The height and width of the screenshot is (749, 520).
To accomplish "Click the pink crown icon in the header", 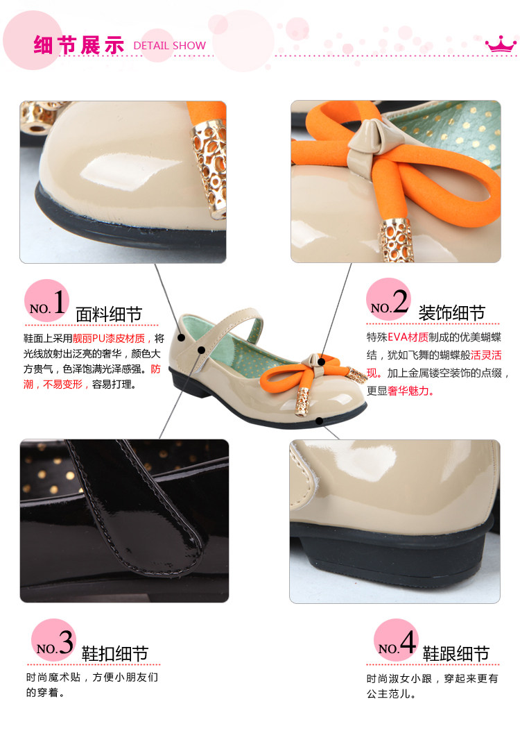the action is click(x=501, y=44).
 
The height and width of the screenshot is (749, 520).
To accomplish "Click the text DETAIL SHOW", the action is click(x=169, y=46).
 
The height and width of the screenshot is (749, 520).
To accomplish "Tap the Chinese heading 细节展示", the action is click(x=79, y=45).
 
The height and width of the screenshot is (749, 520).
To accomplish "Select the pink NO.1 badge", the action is click(x=46, y=301).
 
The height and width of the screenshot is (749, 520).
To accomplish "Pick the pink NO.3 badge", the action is click(x=53, y=641).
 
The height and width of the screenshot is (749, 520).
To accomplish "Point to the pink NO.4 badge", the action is click(x=396, y=641).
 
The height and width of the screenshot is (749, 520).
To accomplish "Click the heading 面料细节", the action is click(x=109, y=314).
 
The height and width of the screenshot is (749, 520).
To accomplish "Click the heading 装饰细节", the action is click(x=451, y=313).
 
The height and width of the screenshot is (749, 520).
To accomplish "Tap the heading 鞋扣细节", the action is click(x=115, y=653).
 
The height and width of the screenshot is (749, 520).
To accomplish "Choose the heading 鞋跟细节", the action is click(x=456, y=653).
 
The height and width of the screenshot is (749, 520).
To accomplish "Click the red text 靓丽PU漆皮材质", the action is click(x=109, y=339).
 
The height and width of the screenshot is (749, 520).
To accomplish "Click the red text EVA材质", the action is click(x=408, y=337).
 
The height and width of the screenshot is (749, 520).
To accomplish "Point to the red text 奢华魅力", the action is click(x=408, y=391).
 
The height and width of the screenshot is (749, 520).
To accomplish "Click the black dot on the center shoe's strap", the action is click(x=201, y=350).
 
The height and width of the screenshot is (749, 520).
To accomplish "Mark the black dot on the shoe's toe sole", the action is click(x=319, y=421).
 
